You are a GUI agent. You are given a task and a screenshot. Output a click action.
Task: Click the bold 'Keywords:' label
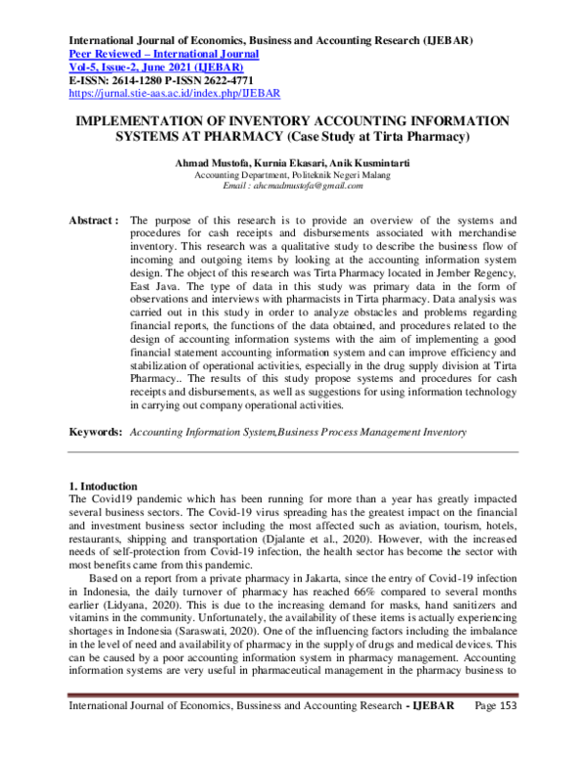coord(96,431)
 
